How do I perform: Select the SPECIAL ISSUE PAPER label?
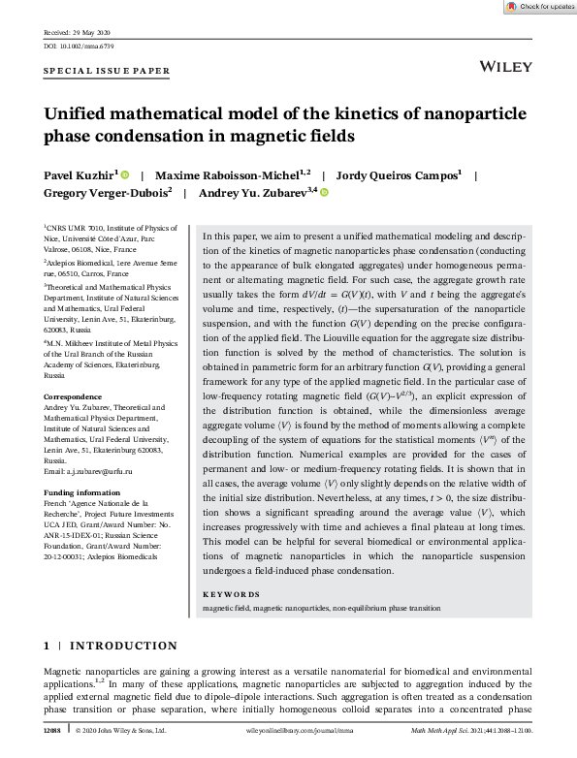click(107, 72)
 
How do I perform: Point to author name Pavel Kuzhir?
click(80, 175)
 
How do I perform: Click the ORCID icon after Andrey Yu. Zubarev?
click(324, 193)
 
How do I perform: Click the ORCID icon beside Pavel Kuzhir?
click(125, 175)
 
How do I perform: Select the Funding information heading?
click(80, 491)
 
